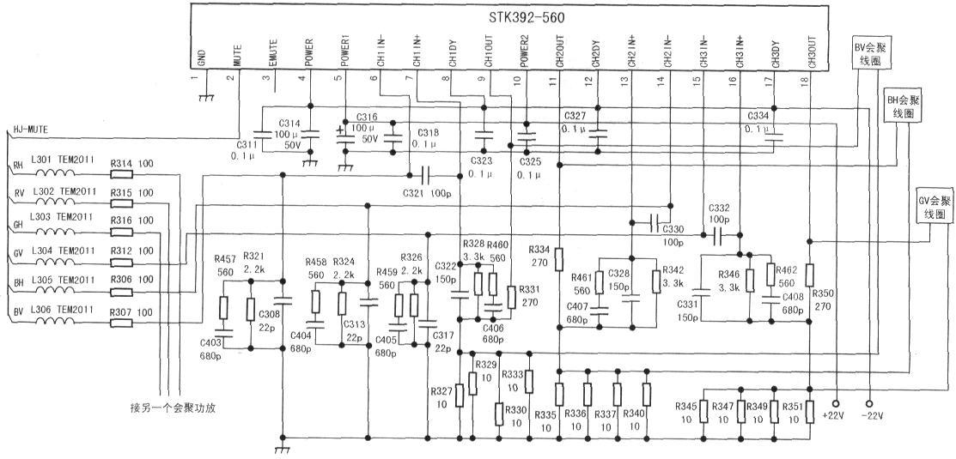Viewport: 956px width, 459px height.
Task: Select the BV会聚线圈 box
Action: coord(870,54)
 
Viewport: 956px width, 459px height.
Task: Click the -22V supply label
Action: coord(871,416)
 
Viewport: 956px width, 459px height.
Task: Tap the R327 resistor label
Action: coord(441,391)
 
